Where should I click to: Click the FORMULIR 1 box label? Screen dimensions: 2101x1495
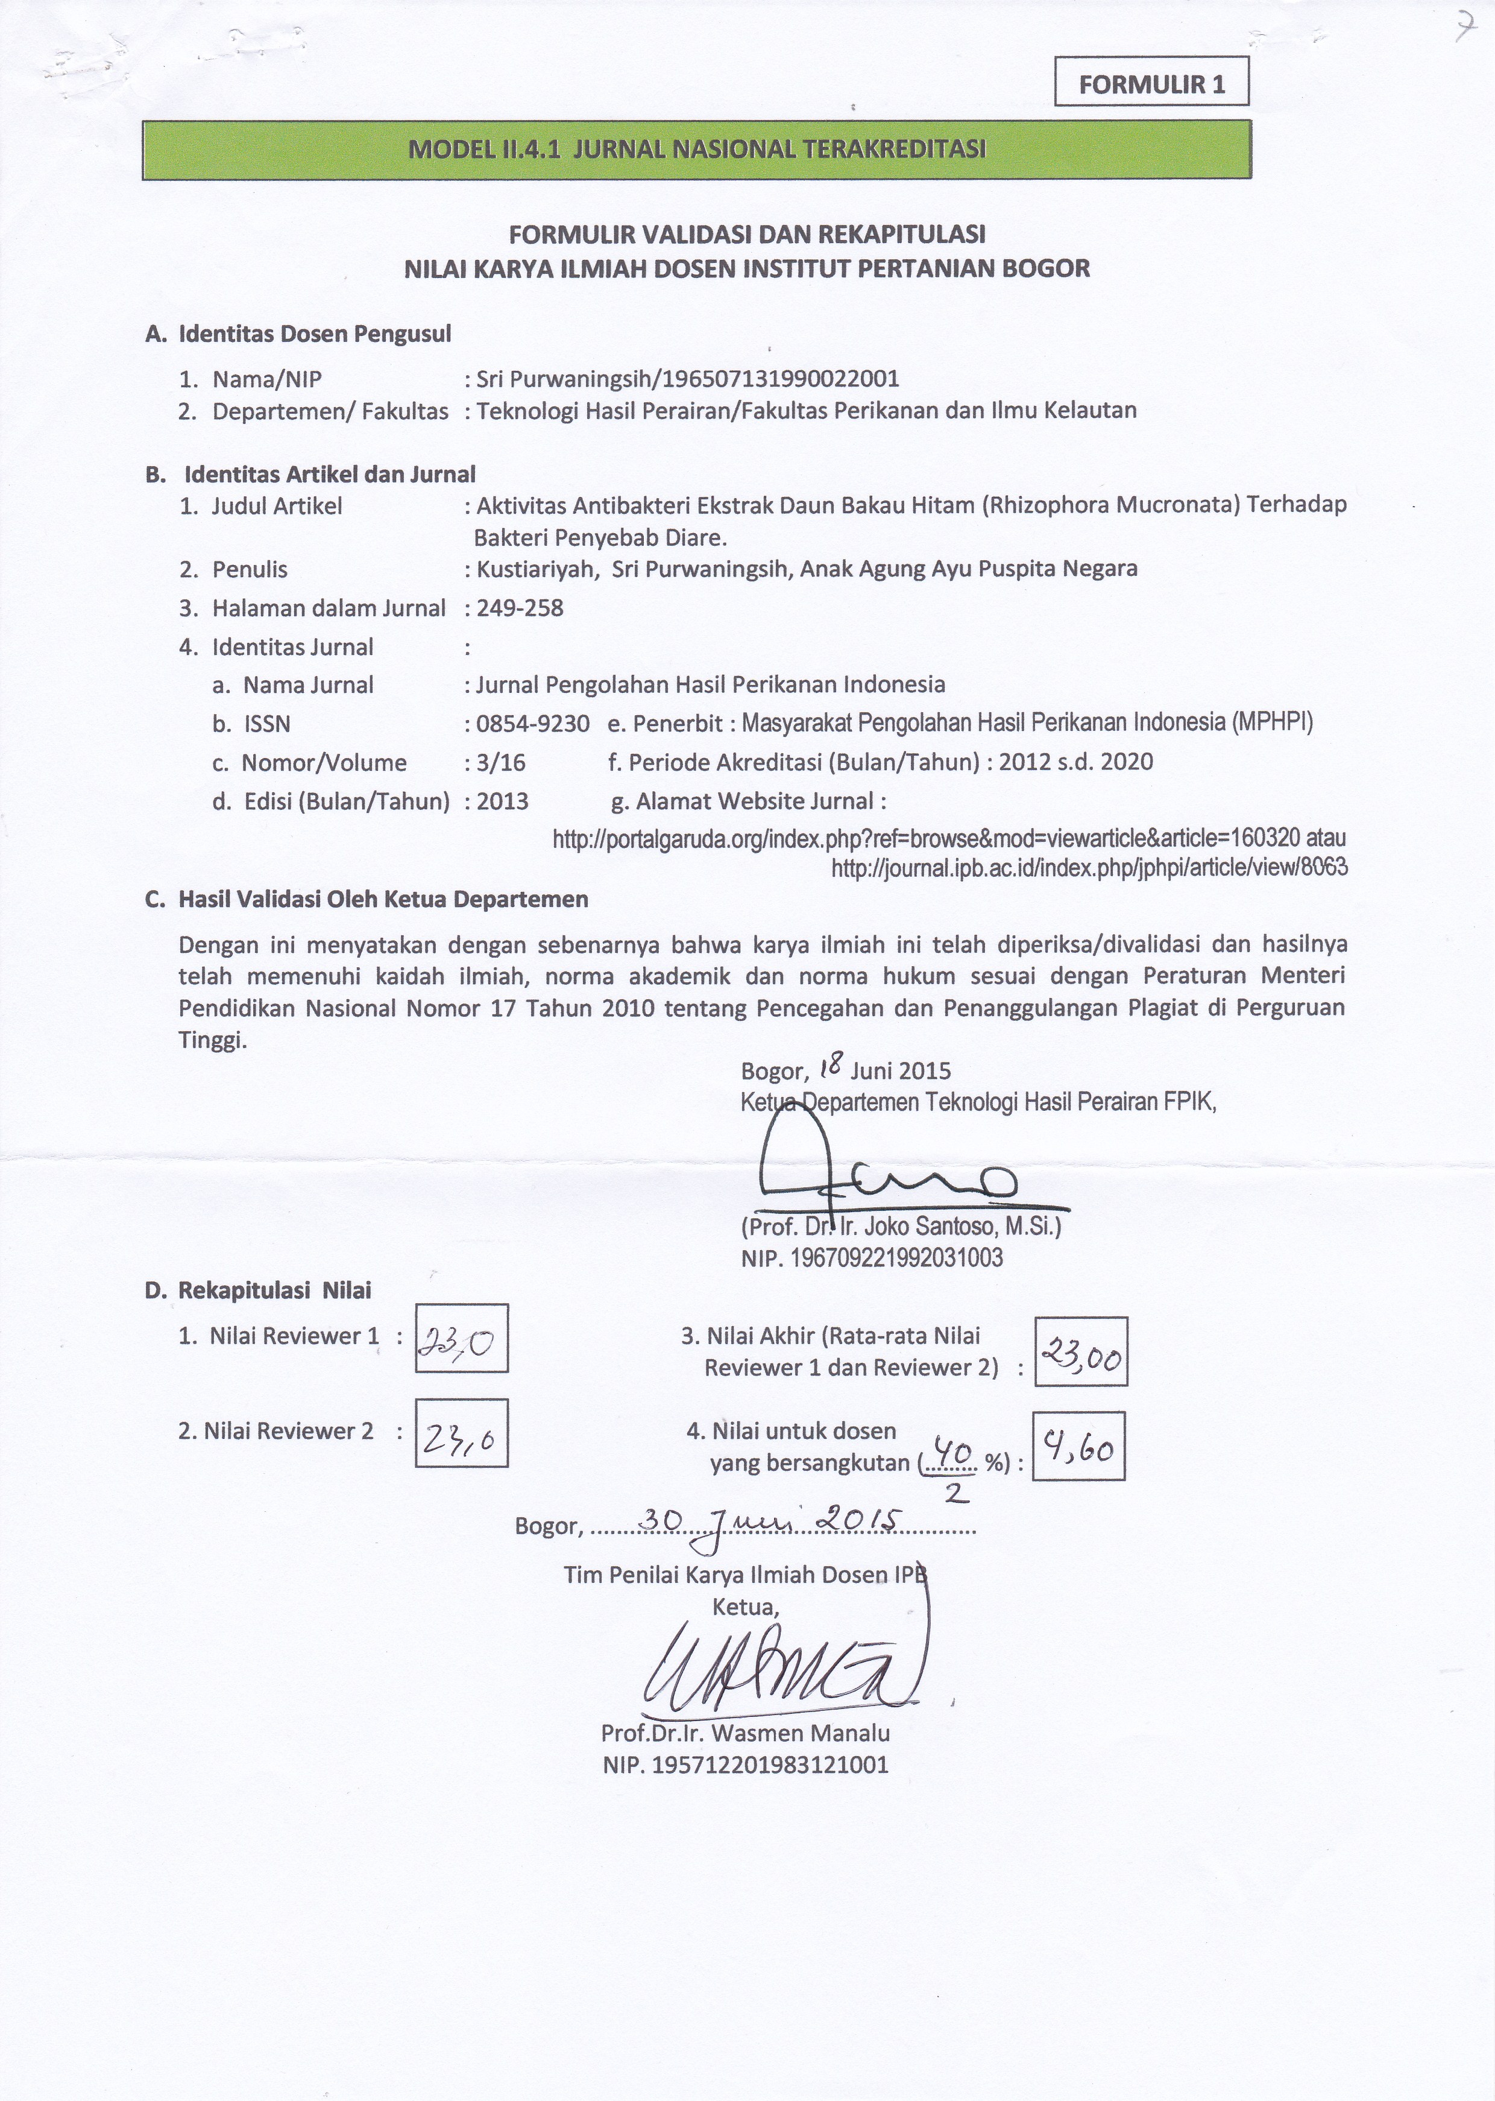(1151, 84)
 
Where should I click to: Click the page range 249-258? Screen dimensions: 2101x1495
(520, 608)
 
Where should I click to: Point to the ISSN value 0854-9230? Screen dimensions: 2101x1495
(533, 724)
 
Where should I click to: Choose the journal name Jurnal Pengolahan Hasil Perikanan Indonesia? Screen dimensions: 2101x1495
(711, 685)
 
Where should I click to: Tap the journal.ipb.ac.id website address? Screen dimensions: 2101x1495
(1089, 867)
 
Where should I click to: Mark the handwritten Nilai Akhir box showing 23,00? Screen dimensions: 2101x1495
(1081, 1351)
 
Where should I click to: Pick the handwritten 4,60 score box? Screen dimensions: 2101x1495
(1078, 1446)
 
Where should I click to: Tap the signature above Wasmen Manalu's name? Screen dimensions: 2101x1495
(782, 1664)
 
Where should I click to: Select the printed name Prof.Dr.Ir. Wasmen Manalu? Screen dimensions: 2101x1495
(744, 1734)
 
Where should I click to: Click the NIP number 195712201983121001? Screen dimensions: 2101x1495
(746, 1765)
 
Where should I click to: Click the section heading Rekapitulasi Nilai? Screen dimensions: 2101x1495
(274, 1290)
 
